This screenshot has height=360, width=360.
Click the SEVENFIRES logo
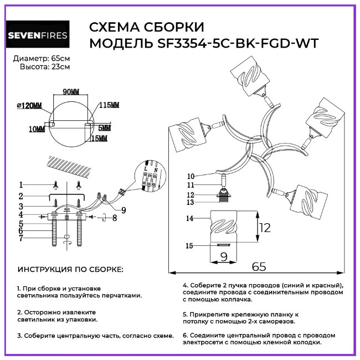(38, 35)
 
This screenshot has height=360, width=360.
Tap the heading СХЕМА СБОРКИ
(146, 28)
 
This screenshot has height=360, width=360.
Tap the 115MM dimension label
(109, 105)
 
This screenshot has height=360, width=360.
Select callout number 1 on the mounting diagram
(20, 184)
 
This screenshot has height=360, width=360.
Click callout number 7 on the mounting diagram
(20, 238)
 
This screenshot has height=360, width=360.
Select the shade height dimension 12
(266, 227)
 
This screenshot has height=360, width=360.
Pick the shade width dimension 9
(224, 256)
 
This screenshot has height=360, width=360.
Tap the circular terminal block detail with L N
(151, 176)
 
